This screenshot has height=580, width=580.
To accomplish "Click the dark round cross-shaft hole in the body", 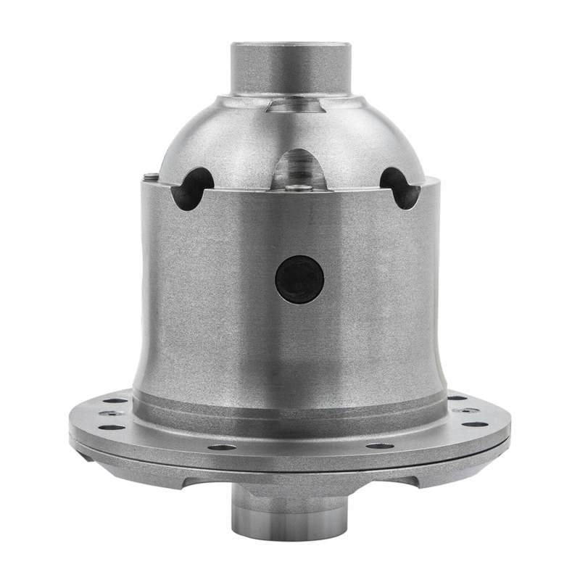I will pyautogui.click(x=299, y=279).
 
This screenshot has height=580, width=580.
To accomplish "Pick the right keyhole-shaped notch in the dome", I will pyautogui.click(x=399, y=186).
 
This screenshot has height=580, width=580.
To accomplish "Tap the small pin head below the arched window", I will pyautogui.click(x=298, y=188).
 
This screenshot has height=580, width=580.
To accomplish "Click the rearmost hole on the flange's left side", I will pyautogui.click(x=115, y=400).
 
